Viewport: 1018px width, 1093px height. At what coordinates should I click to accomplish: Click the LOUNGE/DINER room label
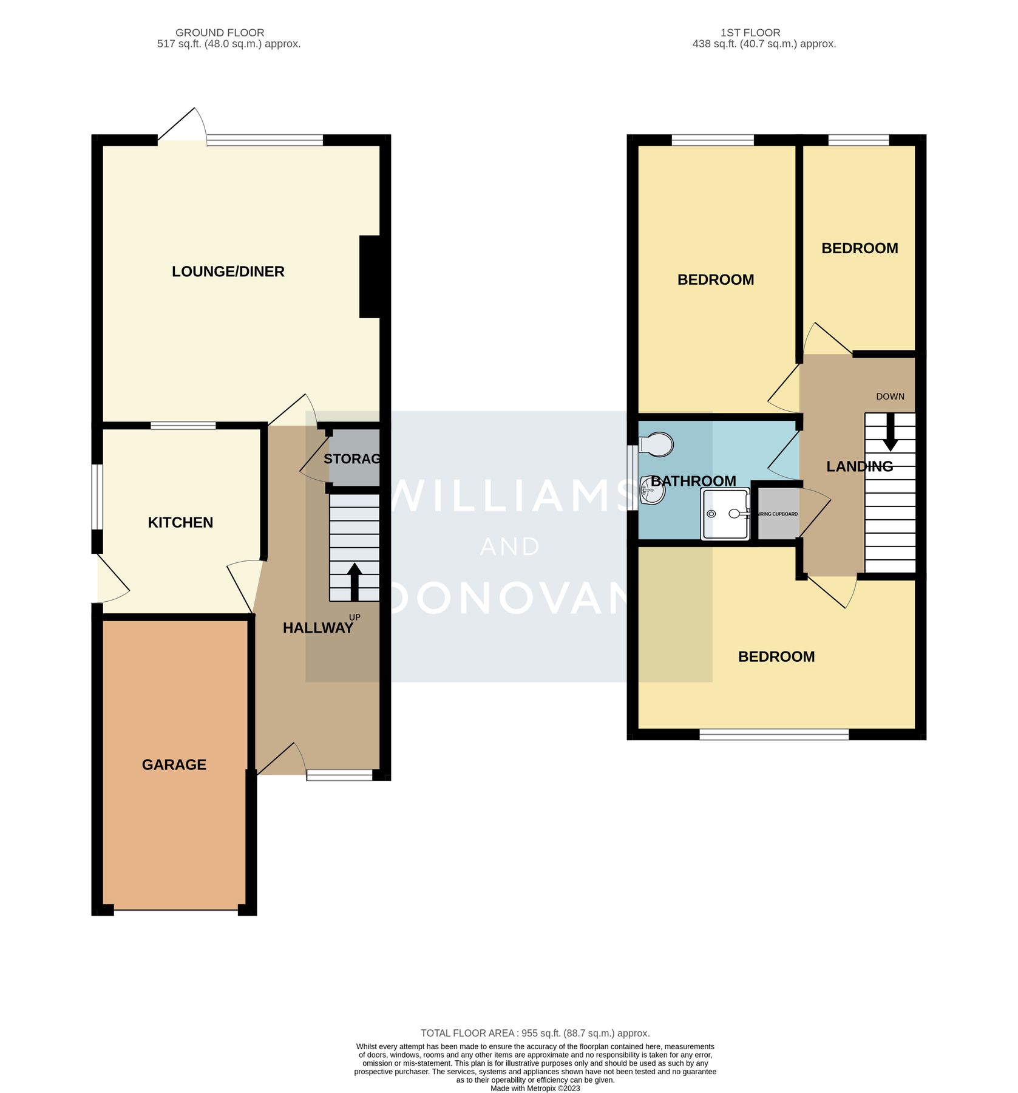(228, 271)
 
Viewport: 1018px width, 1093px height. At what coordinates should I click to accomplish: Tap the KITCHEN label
(180, 523)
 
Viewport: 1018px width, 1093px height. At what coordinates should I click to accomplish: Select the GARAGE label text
(174, 765)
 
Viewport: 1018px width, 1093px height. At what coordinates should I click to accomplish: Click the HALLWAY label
(317, 628)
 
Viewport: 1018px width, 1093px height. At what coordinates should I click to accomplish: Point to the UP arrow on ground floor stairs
(355, 581)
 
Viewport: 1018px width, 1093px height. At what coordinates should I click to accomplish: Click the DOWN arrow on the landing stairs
(890, 432)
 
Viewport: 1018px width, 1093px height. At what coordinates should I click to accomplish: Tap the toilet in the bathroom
(656, 445)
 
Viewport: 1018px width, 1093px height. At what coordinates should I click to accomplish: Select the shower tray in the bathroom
(725, 514)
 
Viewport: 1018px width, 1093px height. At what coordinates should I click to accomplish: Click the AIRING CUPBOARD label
(778, 514)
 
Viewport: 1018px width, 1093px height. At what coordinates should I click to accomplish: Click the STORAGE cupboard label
(352, 459)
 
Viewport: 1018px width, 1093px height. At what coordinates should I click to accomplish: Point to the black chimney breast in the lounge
(370, 277)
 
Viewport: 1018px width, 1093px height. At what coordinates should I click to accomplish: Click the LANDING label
(859, 466)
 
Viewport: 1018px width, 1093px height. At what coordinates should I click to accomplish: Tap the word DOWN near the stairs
(890, 397)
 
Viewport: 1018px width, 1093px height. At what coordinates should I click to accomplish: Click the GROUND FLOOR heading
(220, 33)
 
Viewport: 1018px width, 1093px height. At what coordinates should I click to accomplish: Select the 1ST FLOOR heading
(750, 33)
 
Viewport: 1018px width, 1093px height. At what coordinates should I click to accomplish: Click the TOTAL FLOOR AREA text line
(535, 1033)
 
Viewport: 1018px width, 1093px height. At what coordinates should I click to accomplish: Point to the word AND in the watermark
(509, 547)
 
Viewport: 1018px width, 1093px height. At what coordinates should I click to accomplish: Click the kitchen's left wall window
(97, 497)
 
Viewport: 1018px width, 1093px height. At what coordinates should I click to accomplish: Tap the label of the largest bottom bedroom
(776, 657)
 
